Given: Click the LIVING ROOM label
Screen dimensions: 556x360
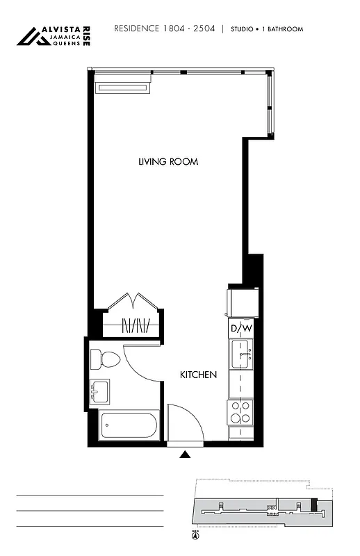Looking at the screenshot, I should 168,162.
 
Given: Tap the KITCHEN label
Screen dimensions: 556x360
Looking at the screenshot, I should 198,375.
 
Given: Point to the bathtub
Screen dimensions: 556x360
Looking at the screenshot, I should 129,425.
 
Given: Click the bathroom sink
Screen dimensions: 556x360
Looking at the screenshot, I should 99,391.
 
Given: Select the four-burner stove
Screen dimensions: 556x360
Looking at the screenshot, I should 241,412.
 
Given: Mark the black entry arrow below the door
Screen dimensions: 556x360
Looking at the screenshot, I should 185,455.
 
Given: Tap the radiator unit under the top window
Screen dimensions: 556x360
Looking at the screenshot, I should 123,87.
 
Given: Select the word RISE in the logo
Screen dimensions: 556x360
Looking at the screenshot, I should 85,36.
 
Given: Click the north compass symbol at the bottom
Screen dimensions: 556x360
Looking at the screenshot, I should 195,535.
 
